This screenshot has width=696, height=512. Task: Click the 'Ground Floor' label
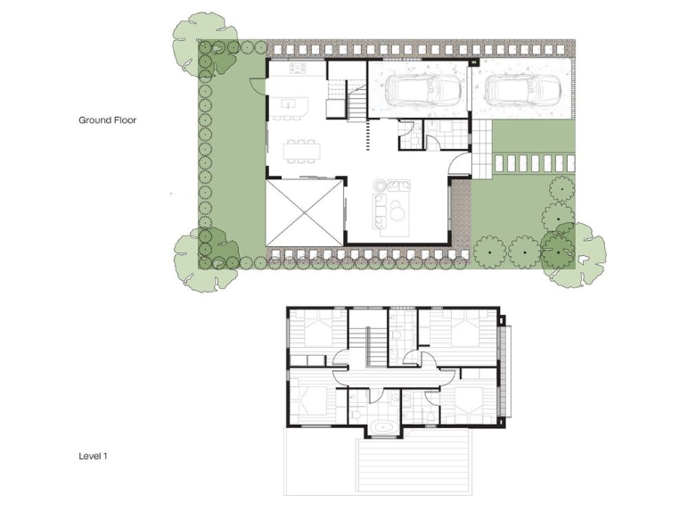(108, 120)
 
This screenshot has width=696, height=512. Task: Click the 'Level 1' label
(94, 456)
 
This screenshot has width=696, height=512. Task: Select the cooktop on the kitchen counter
(298, 68)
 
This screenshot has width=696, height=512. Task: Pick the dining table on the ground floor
(301, 151)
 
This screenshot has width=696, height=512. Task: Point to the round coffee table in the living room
(397, 210)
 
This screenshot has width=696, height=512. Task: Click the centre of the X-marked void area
(305, 212)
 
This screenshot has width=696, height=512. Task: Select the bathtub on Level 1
(384, 428)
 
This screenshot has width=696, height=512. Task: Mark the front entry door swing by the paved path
(460, 163)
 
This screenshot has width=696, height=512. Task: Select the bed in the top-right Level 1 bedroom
(464, 329)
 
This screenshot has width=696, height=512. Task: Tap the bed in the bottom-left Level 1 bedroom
(314, 402)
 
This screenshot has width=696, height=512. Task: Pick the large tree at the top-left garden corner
(205, 45)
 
